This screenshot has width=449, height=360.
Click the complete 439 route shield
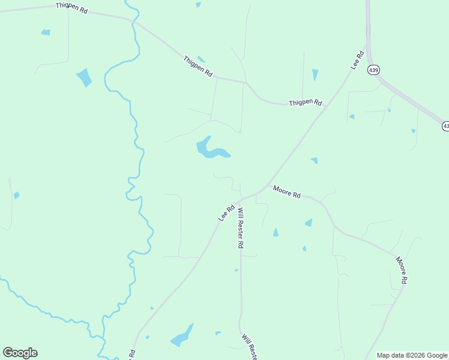click(374, 70)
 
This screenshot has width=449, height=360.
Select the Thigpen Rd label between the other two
click(198, 65)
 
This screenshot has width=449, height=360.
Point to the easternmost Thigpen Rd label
click(305, 103)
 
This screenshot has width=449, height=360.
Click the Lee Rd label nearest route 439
click(358, 61)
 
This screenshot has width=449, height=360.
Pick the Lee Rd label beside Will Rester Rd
click(226, 212)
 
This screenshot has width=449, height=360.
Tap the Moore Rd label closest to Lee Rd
click(286, 192)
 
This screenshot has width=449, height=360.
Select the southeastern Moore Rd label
click(402, 270)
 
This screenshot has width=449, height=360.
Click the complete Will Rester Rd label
click(240, 228)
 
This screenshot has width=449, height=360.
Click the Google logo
click(20, 352)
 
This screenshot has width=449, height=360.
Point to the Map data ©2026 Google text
click(412, 355)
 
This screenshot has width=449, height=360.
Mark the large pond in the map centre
click(210, 149)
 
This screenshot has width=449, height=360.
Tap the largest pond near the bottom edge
click(181, 337)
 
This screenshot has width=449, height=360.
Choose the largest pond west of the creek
click(84, 77)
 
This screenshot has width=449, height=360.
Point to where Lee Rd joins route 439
click(367, 43)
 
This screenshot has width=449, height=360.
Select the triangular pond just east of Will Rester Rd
click(276, 232)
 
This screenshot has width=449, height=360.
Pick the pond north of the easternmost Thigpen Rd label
click(315, 74)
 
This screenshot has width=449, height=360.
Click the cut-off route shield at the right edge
click(445, 126)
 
